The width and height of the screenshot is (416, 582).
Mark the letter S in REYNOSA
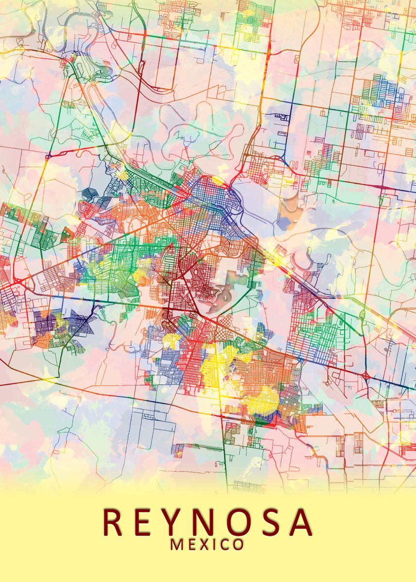tap(272, 522)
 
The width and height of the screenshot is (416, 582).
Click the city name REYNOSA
tap(208, 522)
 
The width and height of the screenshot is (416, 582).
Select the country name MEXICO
tap(207, 545)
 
